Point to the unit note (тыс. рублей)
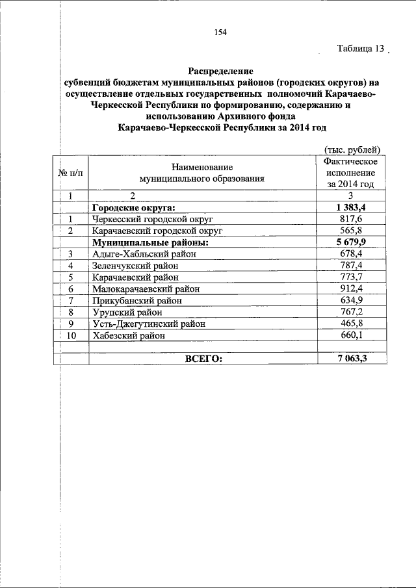[x=351, y=149]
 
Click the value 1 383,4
[x=350, y=207]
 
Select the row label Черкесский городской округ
[x=153, y=219]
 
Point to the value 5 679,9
[x=350, y=242]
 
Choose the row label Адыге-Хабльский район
[x=144, y=254]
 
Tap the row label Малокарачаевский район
[x=146, y=289]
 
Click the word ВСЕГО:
[x=203, y=359]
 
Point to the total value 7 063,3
[x=350, y=359]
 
